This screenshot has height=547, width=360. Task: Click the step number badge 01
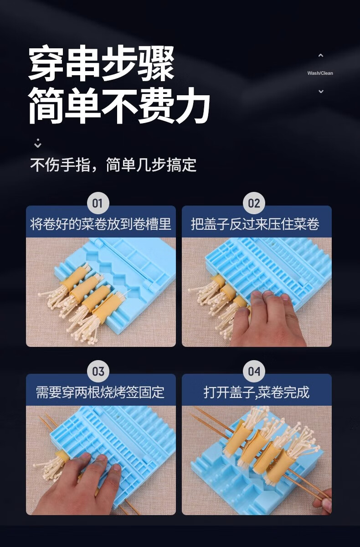click(98, 203)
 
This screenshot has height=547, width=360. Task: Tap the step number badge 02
click(254, 203)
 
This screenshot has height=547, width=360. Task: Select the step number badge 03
click(98, 372)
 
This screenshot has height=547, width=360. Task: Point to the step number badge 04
click(254, 372)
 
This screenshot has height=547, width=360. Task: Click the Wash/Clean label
click(320, 73)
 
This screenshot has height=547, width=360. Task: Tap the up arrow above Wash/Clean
click(321, 56)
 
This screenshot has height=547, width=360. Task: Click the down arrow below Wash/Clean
click(321, 91)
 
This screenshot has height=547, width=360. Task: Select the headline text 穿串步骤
click(101, 63)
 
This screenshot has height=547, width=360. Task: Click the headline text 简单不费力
click(119, 105)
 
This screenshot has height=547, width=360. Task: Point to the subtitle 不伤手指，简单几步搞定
click(113, 165)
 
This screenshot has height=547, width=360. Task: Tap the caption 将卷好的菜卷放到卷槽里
click(101, 224)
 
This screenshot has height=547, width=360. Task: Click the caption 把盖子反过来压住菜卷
click(255, 224)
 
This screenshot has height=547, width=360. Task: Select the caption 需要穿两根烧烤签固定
click(100, 392)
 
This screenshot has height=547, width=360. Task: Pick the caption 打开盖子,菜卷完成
click(257, 392)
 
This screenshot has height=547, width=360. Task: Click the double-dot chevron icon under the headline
click(37, 143)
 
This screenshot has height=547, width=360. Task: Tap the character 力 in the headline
click(193, 105)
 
